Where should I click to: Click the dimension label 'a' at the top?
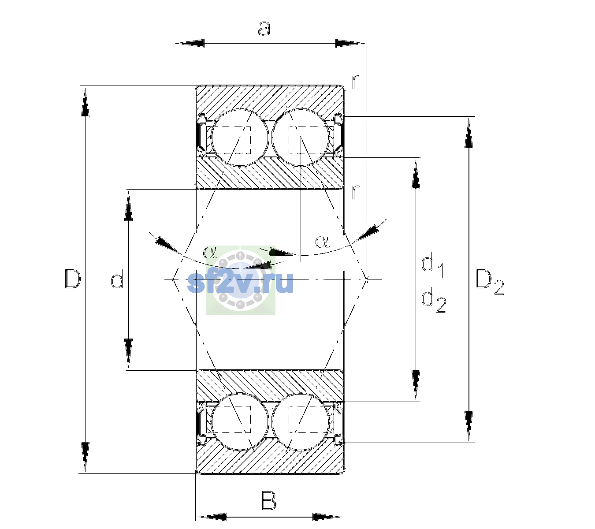(x=264, y=29)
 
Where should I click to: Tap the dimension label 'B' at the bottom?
(x=269, y=501)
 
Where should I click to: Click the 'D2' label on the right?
(x=489, y=282)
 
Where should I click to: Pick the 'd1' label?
(x=432, y=266)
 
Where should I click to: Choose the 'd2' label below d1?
(x=434, y=301)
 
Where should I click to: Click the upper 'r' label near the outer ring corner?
(x=355, y=82)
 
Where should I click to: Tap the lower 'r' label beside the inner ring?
(x=355, y=192)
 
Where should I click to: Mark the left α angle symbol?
(x=210, y=252)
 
